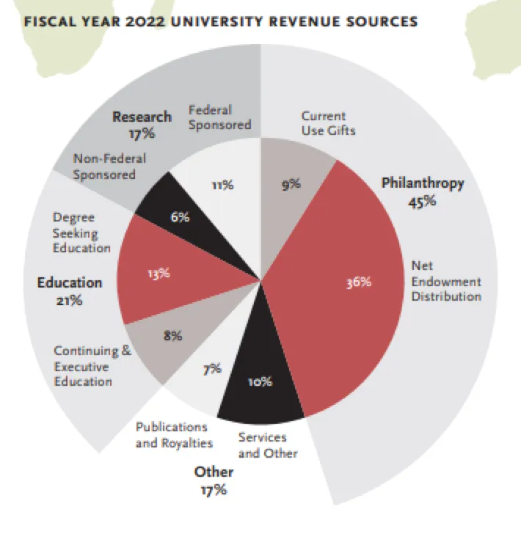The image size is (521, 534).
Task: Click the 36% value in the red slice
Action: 359,282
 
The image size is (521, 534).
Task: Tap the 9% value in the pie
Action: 291,185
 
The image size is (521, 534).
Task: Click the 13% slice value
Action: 159,273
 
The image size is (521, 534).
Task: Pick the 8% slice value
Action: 172,336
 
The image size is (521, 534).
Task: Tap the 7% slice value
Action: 212,369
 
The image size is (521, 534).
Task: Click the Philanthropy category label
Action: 423,183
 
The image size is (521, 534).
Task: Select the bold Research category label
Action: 142,117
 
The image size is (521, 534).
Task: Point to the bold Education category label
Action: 70,282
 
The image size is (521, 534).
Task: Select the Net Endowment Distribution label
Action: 446,280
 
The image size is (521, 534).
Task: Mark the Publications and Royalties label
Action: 174,435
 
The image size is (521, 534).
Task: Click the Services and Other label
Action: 268,445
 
